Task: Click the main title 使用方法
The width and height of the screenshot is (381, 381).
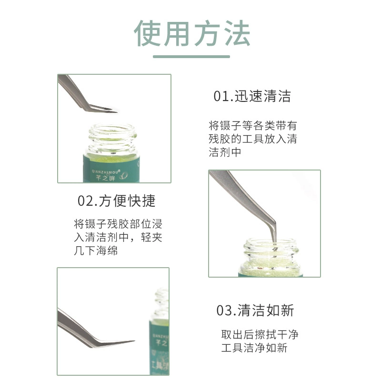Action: [192, 33]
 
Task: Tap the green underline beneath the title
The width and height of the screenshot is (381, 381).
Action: [191, 57]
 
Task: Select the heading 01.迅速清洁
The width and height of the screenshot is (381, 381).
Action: [252, 96]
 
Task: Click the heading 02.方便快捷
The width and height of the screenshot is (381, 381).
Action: [116, 201]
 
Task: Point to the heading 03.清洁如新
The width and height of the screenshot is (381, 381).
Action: [255, 311]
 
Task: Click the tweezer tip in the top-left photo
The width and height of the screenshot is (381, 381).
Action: [116, 111]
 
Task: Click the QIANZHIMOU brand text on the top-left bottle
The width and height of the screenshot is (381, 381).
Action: [106, 171]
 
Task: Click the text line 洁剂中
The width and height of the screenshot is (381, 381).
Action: [225, 152]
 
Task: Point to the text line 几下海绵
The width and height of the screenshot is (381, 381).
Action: [96, 251]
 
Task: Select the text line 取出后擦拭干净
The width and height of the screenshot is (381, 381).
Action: [260, 334]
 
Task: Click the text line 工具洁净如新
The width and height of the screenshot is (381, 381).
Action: [254, 348]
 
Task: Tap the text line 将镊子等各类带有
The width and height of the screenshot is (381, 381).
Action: [253, 125]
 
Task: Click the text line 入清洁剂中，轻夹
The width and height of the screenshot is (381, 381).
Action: [118, 237]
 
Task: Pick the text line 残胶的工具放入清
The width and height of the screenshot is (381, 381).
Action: [253, 139]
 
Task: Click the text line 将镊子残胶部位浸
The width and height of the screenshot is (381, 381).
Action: [118, 223]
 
